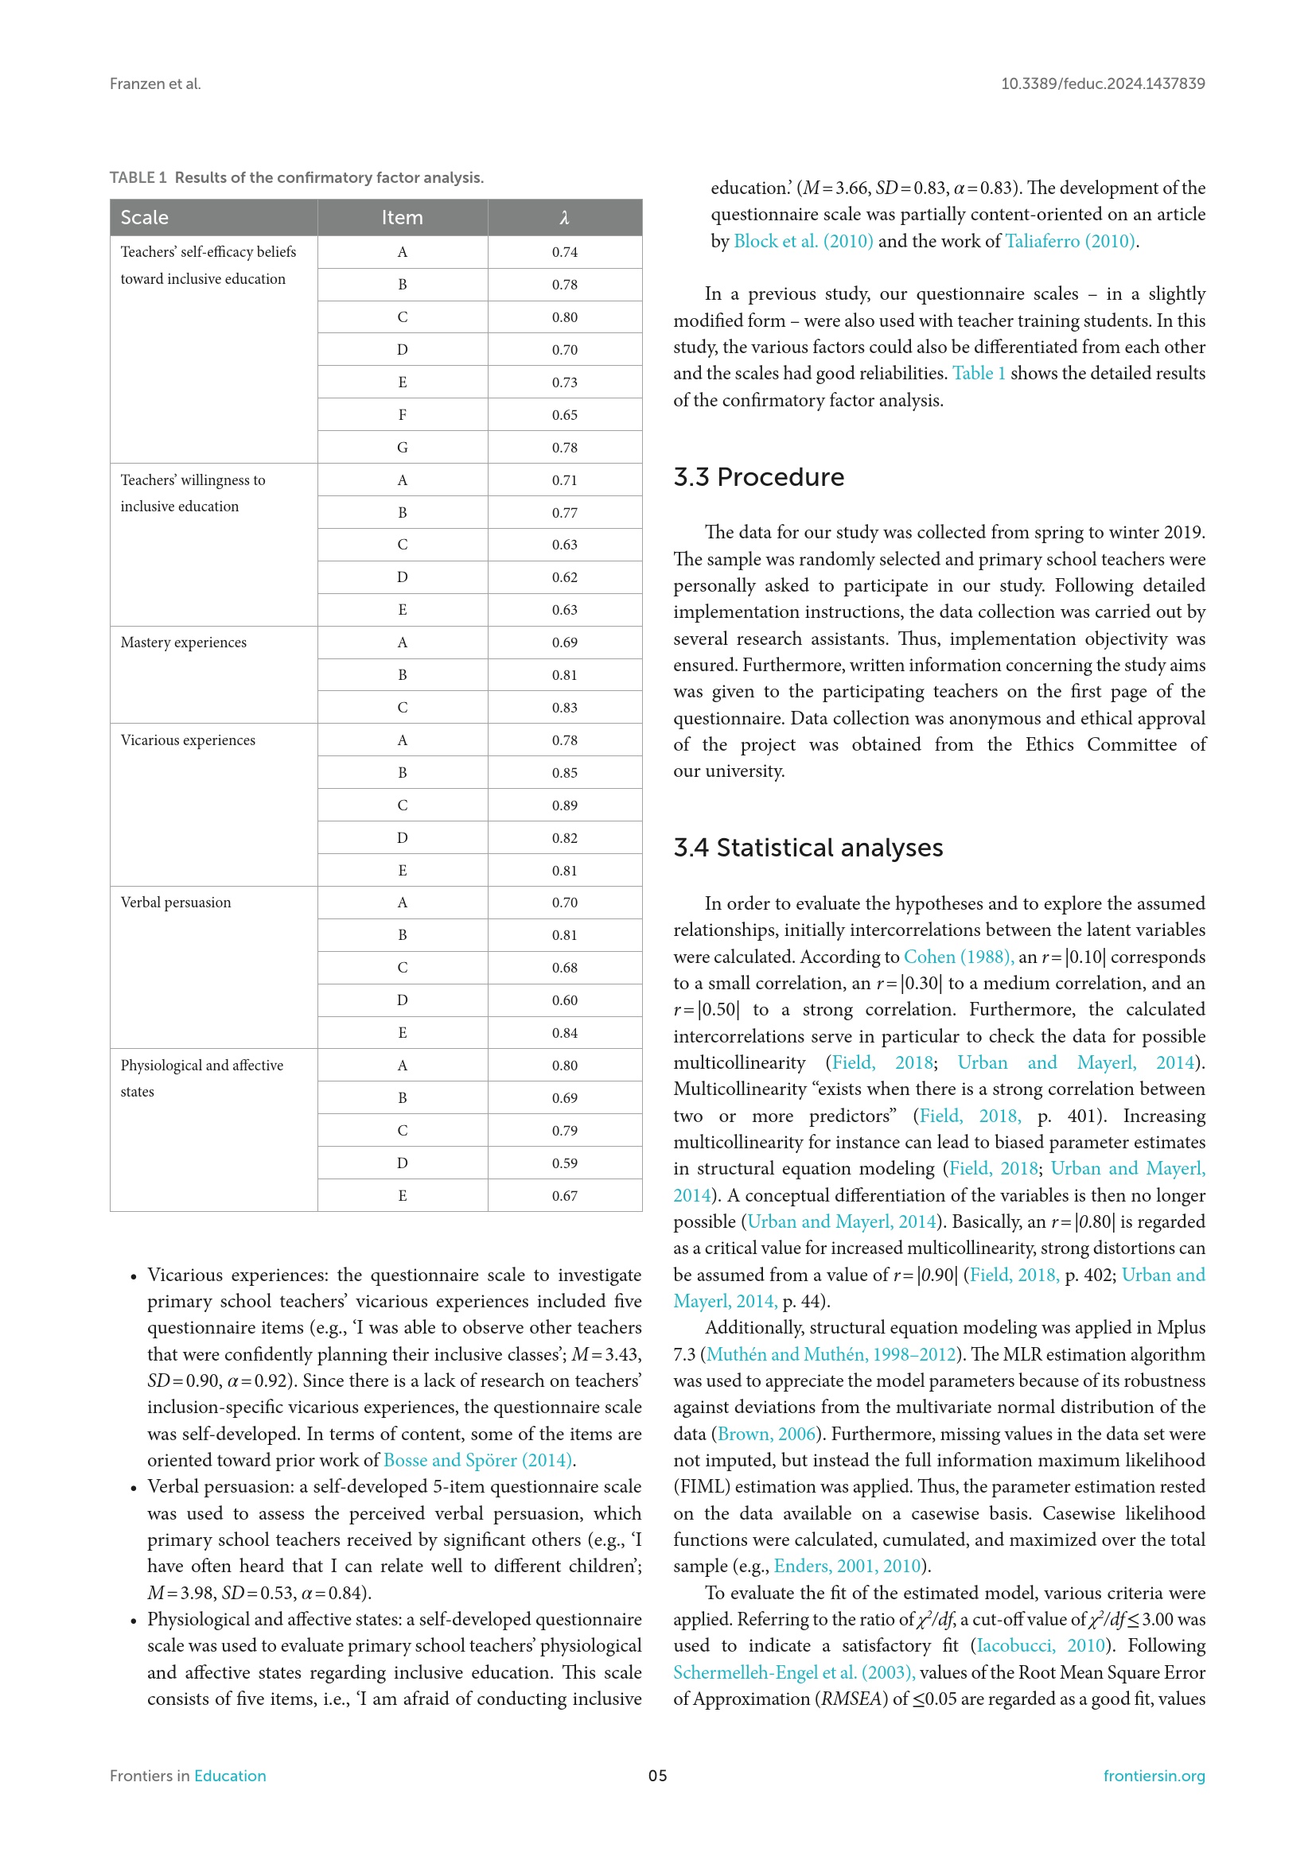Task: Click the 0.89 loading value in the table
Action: click(565, 806)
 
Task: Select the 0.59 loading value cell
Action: click(565, 1163)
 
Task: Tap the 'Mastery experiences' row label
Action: click(183, 643)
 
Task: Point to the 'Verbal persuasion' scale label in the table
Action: click(176, 903)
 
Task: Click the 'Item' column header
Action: click(402, 217)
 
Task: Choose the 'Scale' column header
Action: click(144, 217)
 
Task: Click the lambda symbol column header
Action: click(565, 217)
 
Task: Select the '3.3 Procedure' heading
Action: click(758, 477)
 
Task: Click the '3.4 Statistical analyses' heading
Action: click(808, 848)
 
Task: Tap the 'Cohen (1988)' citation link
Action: click(957, 957)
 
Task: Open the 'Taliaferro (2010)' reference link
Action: click(1069, 242)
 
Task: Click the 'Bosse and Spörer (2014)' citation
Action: click(478, 1460)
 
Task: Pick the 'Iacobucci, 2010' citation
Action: click(1041, 1645)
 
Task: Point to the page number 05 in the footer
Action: click(657, 1776)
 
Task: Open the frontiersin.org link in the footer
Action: click(1153, 1776)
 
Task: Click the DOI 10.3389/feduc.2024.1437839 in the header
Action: click(1102, 83)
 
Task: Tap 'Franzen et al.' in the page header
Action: click(155, 83)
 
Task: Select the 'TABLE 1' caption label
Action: click(138, 177)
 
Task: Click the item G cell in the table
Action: click(402, 447)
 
